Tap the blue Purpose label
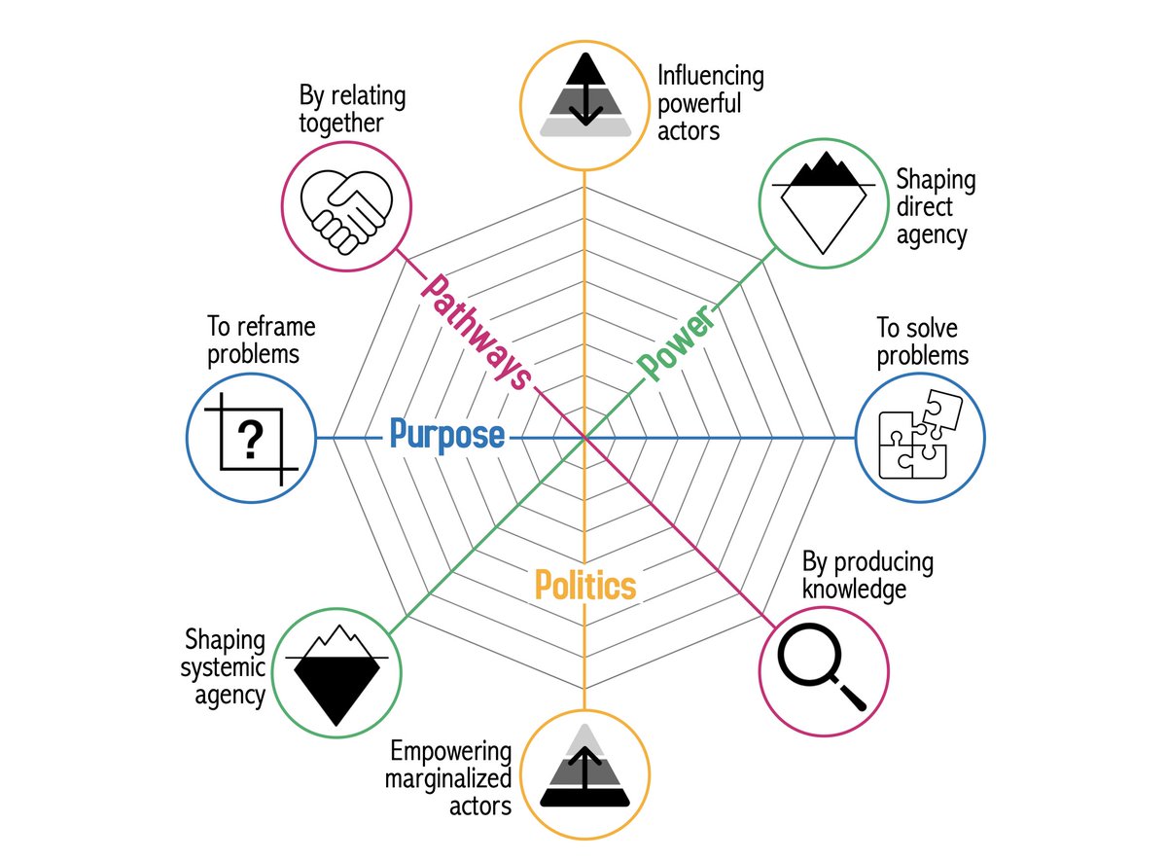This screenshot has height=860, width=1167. click(x=446, y=436)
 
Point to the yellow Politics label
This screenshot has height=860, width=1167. click(x=585, y=586)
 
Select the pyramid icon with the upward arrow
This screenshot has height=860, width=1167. click(x=583, y=772)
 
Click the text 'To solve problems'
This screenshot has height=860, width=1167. click(x=922, y=341)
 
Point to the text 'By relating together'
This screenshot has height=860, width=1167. click(x=353, y=110)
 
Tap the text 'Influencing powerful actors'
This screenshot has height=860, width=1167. click(x=710, y=102)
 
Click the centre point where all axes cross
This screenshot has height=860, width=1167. click(x=583, y=439)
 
